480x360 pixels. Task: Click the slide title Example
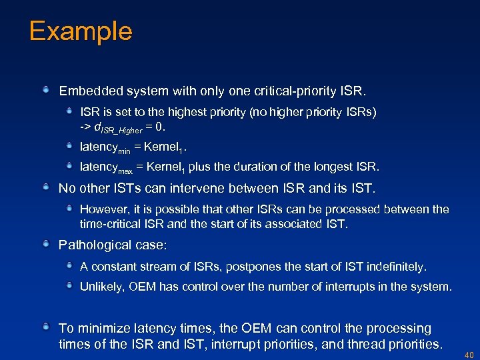(x=81, y=31)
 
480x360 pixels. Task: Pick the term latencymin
(x=105, y=145)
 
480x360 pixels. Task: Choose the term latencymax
(x=106, y=167)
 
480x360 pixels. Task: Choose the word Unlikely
(x=101, y=287)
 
